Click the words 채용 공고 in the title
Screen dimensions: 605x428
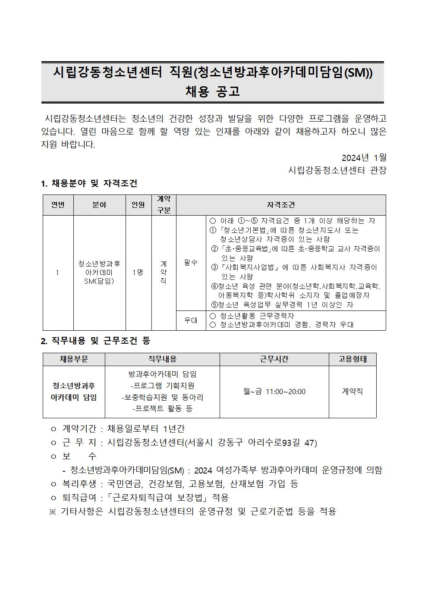coord(212,91)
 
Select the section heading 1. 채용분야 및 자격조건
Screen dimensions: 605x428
coord(89,183)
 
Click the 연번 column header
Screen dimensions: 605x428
coord(58,205)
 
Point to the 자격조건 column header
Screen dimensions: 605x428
coord(281,205)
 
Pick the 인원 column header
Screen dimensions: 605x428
coord(138,205)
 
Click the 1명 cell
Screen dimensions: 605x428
coord(138,272)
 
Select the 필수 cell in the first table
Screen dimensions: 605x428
coord(191,262)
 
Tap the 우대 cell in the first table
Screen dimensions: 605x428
coord(191,320)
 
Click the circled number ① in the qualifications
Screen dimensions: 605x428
coord(212,230)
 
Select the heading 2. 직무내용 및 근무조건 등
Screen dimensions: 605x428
coord(95,341)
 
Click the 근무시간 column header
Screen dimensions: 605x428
coord(274,359)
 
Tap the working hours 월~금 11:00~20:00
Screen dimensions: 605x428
coord(274,392)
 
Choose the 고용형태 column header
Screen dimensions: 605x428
coord(352,359)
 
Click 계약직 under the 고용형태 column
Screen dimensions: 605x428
coord(352,392)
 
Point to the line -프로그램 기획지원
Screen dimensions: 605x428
coord(162,386)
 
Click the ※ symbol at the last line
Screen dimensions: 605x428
coord(53,512)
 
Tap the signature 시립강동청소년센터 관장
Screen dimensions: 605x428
coord(337,170)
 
